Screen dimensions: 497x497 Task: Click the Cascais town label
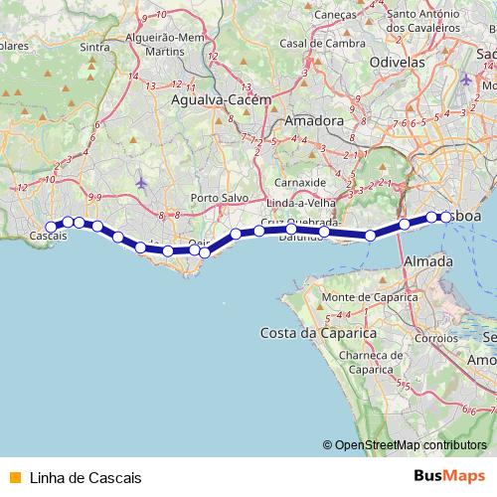point(49,238)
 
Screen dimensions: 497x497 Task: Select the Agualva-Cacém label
point(214,100)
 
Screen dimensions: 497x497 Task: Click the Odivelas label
point(396,61)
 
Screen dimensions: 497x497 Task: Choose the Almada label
point(428,260)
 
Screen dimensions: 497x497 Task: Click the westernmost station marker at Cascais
point(52,227)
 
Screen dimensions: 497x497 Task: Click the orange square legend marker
point(14,477)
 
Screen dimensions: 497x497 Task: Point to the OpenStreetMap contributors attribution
point(410,445)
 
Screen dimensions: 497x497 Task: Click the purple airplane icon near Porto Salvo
point(141,183)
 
